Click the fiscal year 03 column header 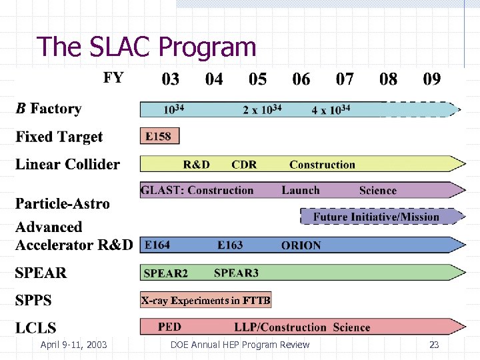click(171, 79)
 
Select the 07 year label click(345, 79)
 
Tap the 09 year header click(432, 79)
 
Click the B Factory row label click(49, 109)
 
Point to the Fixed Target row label click(59, 137)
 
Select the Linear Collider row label click(68, 165)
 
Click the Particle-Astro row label click(63, 203)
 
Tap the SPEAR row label click(41, 273)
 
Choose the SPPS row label click(33, 300)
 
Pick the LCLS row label click(36, 327)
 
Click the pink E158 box click(159, 136)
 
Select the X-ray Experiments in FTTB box click(205, 301)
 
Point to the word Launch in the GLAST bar click(301, 191)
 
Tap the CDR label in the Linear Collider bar click(244, 165)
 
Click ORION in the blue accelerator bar click(301, 245)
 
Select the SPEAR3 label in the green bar click(236, 273)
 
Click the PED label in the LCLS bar click(169, 327)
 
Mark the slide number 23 click(434, 345)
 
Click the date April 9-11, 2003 click(73, 345)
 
